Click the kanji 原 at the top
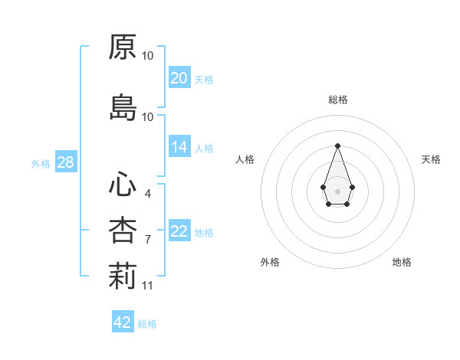click(123, 47)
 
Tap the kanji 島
click(123, 107)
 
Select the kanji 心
click(123, 184)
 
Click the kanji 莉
click(123, 277)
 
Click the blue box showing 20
click(179, 78)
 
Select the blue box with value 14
click(179, 148)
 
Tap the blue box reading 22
click(179, 232)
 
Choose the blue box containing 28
click(65, 162)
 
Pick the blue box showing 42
click(123, 322)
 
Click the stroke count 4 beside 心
click(147, 193)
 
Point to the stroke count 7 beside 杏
click(147, 240)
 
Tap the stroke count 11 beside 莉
click(147, 286)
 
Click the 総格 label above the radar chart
click(337, 100)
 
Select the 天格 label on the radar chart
click(432, 159)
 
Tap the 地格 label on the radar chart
click(402, 262)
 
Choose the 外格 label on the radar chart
click(270, 262)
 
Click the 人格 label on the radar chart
click(245, 159)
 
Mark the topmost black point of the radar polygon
click(337, 146)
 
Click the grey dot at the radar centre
click(337, 190)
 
